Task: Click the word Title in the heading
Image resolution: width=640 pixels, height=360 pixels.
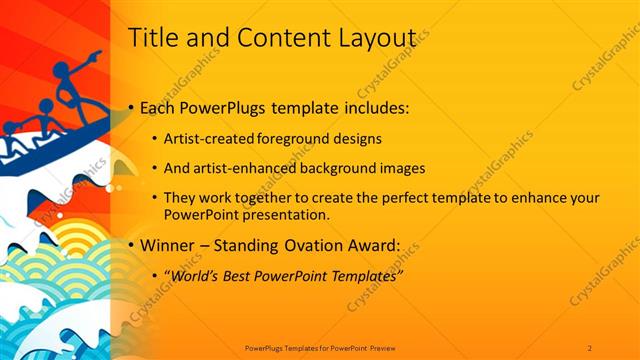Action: tap(154, 38)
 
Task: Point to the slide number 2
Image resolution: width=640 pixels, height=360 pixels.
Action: tap(590, 347)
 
